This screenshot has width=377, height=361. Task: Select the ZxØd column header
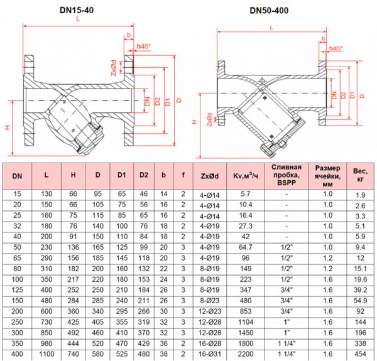[x=210, y=176]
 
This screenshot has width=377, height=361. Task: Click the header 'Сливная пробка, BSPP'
[x=287, y=176]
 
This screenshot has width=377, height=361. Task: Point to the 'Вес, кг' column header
[x=360, y=176]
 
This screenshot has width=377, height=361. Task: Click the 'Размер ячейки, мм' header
[x=327, y=176]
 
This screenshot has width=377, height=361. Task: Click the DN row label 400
[x=17, y=354]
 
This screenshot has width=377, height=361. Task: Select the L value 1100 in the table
[x=47, y=354]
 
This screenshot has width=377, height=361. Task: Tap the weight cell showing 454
[x=360, y=354]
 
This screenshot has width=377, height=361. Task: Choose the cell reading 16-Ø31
[x=210, y=354]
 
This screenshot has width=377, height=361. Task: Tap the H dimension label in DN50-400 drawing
[x=195, y=121]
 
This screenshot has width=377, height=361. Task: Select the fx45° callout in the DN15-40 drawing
[x=143, y=46]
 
